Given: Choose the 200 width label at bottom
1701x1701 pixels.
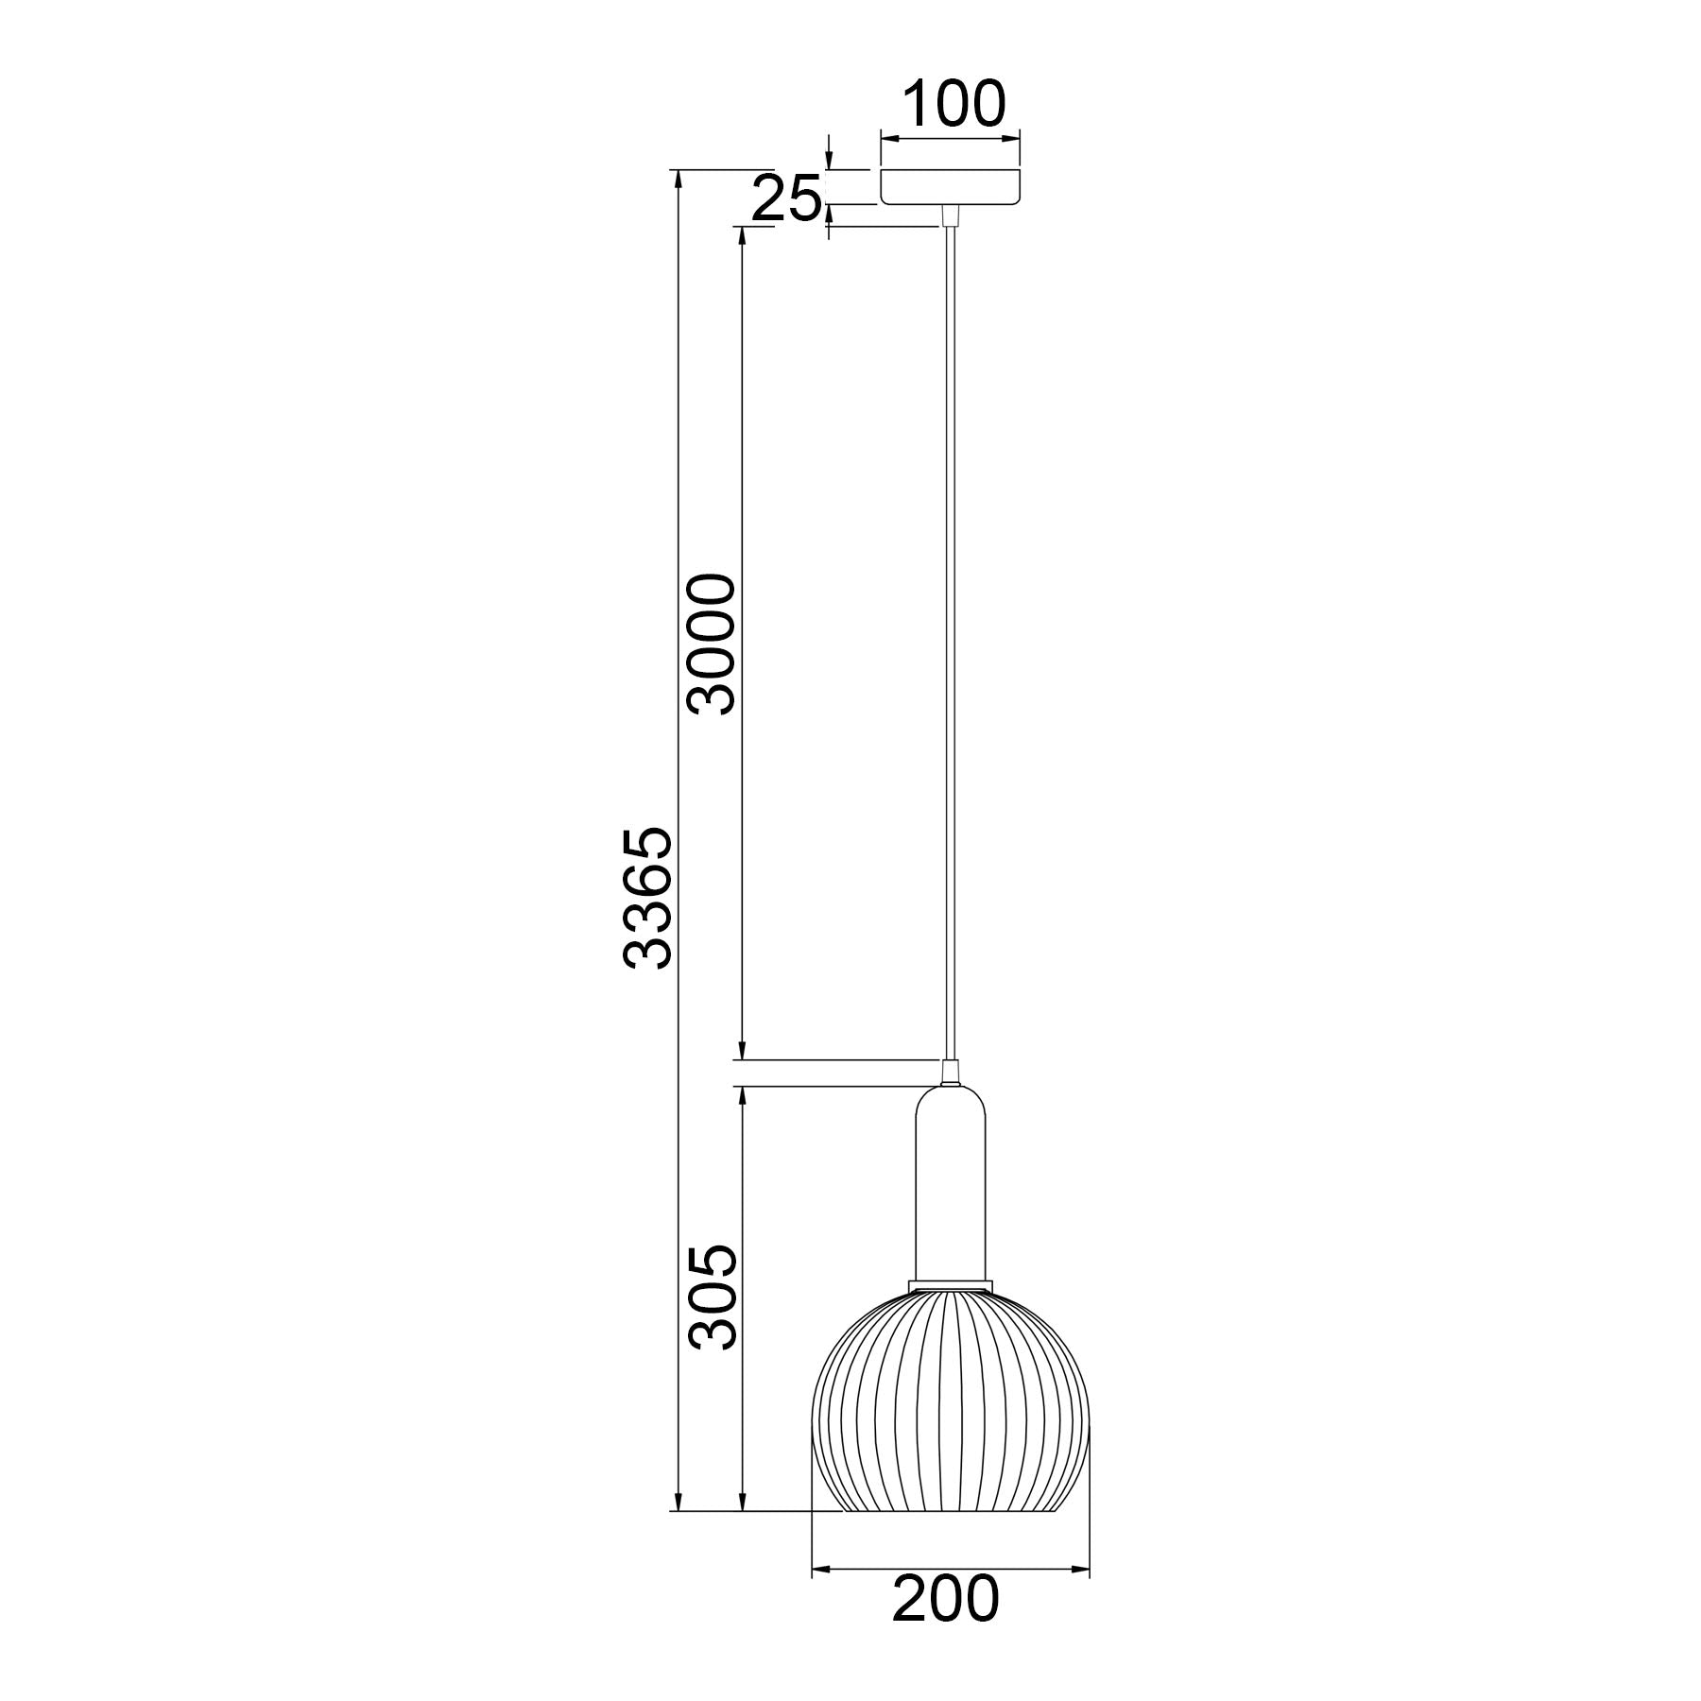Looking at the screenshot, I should click(x=944, y=1618).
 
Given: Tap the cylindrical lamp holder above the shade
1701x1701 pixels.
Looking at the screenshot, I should click(x=951, y=1186).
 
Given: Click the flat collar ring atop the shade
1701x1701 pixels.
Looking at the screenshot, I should click(x=951, y=1286).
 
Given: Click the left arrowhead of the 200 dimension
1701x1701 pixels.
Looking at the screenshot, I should click(x=821, y=1570).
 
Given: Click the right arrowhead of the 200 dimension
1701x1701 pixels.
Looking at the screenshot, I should click(x=1081, y=1570).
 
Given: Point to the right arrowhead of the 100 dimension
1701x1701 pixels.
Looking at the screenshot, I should click(x=1014, y=140).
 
